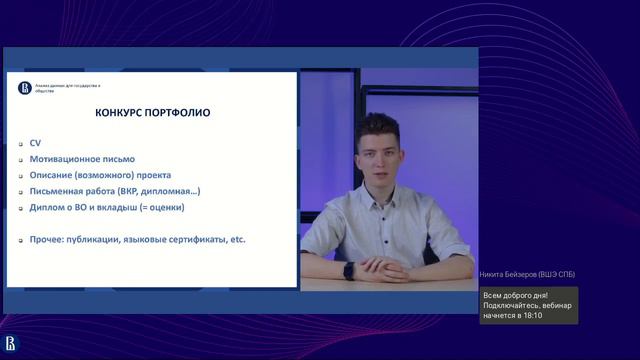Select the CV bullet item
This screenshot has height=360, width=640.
click(x=36, y=143)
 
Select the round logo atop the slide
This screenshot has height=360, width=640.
click(x=25, y=88)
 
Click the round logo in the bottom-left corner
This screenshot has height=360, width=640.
click(x=11, y=343)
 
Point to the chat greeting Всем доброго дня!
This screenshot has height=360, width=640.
click(x=515, y=295)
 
